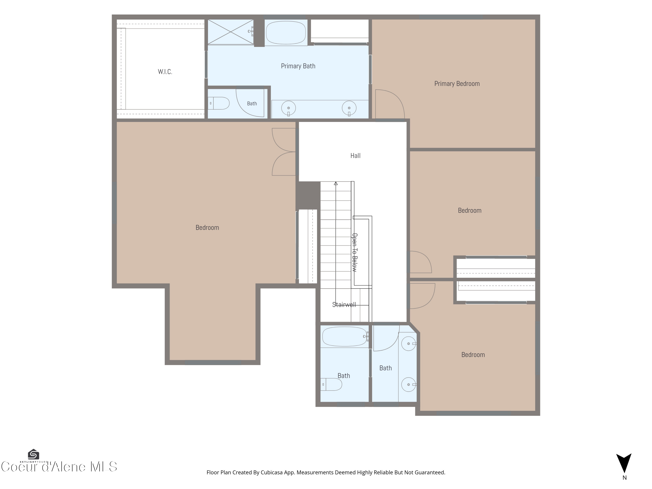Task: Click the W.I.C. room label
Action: [165, 72]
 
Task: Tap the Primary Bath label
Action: [298, 66]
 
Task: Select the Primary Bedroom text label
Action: [457, 84]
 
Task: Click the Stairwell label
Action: [344, 305]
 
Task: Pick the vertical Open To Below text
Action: [355, 253]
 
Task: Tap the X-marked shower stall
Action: [231, 32]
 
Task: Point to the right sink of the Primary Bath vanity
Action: [349, 108]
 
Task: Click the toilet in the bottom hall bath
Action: [331, 384]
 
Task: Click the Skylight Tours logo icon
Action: [33, 454]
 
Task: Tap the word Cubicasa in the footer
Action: [272, 472]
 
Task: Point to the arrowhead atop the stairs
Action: [336, 183]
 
